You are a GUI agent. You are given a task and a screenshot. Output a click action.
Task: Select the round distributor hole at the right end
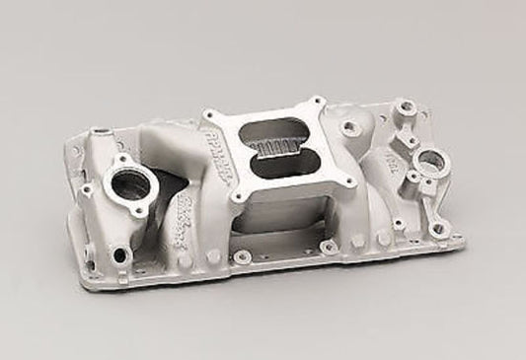coord(428,158)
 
